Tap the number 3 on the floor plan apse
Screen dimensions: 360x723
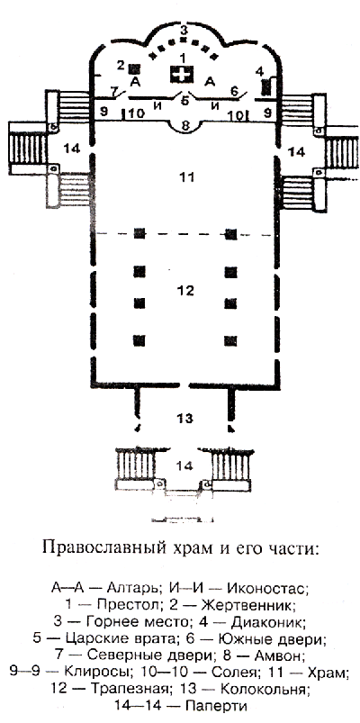pyautogui.click(x=184, y=31)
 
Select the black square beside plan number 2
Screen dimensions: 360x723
pyautogui.click(x=135, y=68)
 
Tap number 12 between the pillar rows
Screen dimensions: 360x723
pyautogui.click(x=186, y=291)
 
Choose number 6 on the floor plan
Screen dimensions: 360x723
pyautogui.click(x=234, y=92)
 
